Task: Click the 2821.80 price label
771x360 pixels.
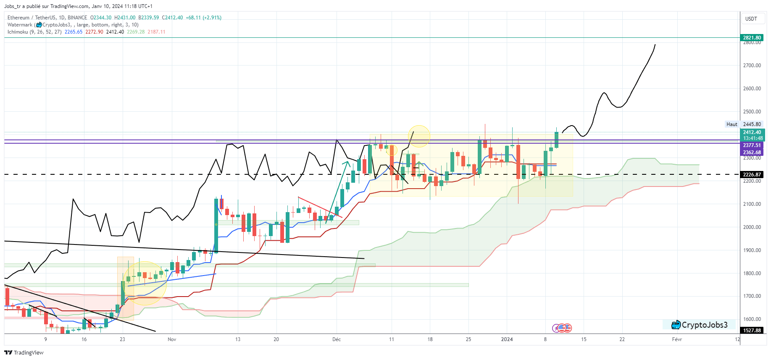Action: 752,37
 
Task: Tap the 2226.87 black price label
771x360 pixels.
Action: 752,174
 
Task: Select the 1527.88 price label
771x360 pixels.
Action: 752,330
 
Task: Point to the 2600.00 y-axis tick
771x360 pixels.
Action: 752,89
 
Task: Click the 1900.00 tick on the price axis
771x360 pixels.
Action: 752,250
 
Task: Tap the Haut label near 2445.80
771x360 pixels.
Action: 732,124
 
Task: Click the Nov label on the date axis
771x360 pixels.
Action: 172,339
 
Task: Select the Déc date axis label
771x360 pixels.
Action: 337,339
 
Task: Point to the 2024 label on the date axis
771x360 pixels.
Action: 507,339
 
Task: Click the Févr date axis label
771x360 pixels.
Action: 676,339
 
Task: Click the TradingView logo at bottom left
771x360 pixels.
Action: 24,352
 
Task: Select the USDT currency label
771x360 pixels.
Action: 751,19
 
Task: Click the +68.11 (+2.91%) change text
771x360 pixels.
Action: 204,18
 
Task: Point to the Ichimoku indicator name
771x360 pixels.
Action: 18,32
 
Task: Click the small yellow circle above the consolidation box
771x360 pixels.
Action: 419,136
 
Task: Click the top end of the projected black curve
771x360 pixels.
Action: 655,45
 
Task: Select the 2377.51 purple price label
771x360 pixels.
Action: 752,145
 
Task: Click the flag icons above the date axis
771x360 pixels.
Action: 562,328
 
